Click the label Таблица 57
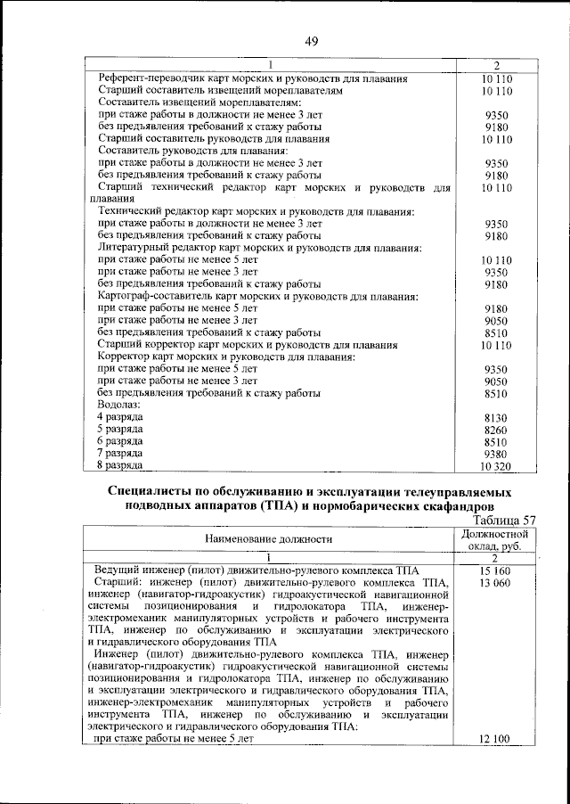click(x=505, y=520)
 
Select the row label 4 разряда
click(x=120, y=417)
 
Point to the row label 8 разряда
click(x=120, y=465)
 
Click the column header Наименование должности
click(x=268, y=538)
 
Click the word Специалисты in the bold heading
click(x=155, y=491)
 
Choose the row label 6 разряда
click(x=120, y=441)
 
